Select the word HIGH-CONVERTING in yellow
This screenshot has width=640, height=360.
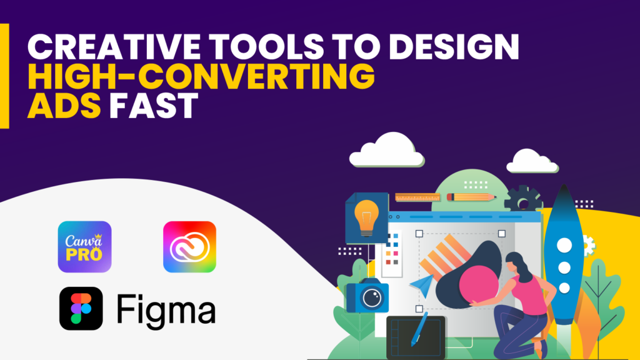[201, 78]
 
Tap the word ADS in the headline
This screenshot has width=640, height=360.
[64, 107]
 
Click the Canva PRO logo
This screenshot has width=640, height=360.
[84, 247]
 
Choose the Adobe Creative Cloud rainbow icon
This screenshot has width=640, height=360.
[189, 247]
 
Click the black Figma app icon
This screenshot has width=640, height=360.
[81, 309]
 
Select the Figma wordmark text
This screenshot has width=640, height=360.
[166, 309]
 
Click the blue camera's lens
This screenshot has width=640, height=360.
[374, 297]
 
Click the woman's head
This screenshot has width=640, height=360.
[519, 263]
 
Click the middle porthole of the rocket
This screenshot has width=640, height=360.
[564, 267]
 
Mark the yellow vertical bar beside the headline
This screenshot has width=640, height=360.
[4, 76]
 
